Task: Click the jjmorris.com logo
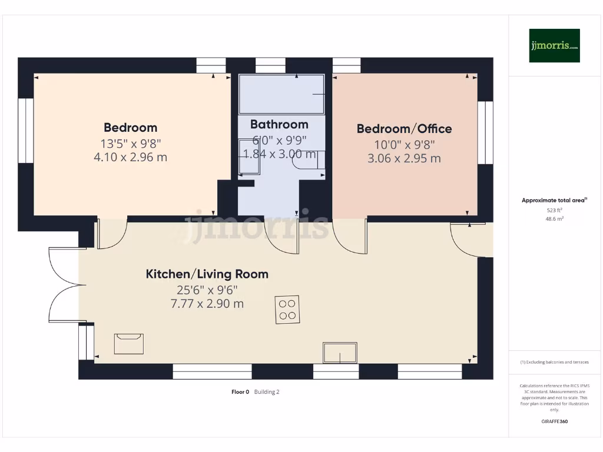tap(554, 45)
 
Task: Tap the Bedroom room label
tap(130, 127)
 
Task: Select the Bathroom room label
tap(279, 124)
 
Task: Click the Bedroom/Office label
tap(404, 128)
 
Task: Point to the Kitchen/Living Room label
tap(207, 274)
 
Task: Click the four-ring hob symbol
tap(287, 310)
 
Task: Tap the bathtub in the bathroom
tap(281, 94)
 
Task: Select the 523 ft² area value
tap(555, 210)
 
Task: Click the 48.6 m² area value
tap(555, 219)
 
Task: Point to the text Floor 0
tap(240, 392)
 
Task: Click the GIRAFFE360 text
tap(555, 421)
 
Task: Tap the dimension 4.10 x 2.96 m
tap(130, 157)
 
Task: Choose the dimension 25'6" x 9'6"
tap(207, 290)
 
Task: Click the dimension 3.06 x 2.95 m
tap(404, 158)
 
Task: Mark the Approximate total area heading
tap(554, 200)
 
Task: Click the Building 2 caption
tap(267, 392)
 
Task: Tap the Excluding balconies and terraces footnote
tap(555, 362)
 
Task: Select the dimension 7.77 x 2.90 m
tap(207, 304)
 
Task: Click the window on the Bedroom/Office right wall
tap(485, 132)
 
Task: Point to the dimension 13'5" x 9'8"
tap(130, 144)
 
